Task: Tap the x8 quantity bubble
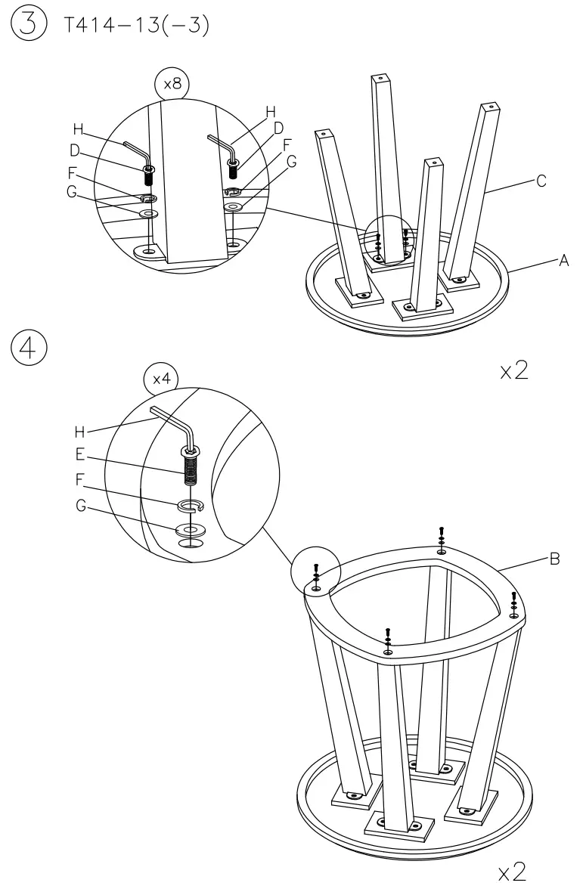[172, 84]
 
